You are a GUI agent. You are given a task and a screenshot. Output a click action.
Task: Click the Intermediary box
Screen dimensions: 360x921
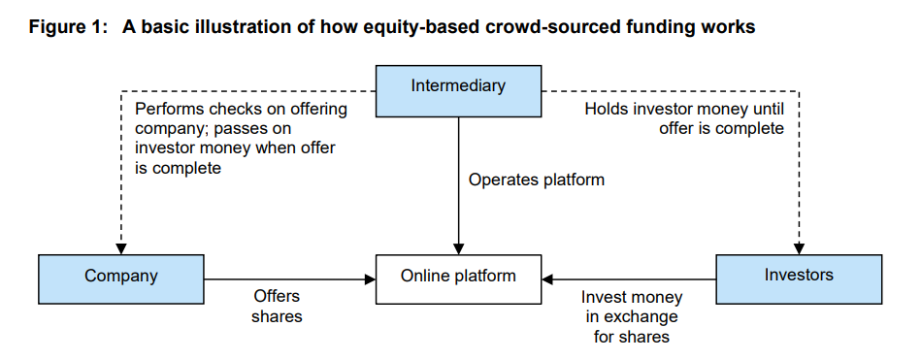coord(458,86)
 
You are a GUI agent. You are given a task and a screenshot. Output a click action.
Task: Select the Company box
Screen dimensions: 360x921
coord(120,277)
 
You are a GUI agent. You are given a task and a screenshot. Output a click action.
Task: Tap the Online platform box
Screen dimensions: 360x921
coord(458,277)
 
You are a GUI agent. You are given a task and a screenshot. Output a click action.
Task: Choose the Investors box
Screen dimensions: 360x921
coord(799,276)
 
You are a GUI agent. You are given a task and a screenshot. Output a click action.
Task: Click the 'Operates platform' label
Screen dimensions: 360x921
coord(536,180)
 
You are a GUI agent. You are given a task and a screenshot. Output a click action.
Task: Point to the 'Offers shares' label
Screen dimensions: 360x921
coord(278,306)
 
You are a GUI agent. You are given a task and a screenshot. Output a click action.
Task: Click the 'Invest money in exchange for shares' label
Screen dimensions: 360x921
coord(631,316)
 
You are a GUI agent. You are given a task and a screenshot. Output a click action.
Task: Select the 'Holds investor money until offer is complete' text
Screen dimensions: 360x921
coord(683,118)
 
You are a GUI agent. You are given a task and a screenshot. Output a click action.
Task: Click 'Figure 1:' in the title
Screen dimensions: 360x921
coord(66,27)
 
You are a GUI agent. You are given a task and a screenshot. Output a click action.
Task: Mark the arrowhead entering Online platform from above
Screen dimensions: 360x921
coord(458,247)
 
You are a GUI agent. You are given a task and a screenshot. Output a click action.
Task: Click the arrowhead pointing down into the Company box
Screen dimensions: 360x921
coord(120,248)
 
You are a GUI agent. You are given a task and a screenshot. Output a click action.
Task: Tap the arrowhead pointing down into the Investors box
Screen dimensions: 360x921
coord(799,247)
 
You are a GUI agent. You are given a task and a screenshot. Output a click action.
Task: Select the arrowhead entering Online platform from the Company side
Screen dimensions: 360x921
coord(369,278)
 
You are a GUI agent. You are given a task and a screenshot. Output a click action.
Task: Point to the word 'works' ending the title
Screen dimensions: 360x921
coord(728,27)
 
